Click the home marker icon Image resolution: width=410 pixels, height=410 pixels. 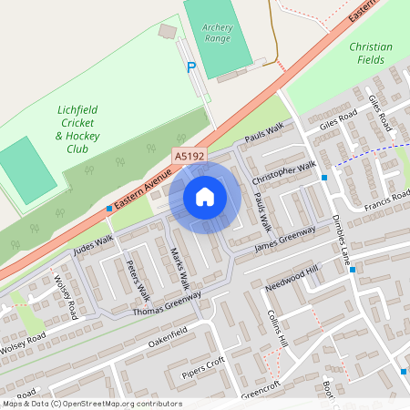205,197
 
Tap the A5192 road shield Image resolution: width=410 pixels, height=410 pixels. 190,157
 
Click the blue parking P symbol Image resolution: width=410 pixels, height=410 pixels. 190,67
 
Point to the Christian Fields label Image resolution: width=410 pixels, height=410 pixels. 371,53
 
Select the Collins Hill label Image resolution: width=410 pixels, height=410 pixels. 277,327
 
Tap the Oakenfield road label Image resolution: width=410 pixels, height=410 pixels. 173,332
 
